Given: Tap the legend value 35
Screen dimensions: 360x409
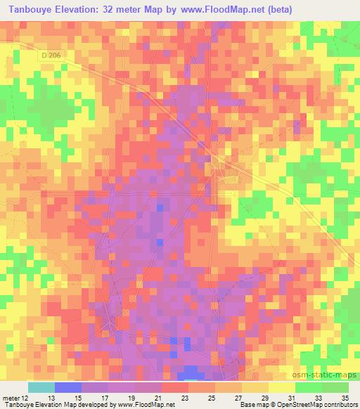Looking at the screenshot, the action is pyautogui.click(x=345, y=397).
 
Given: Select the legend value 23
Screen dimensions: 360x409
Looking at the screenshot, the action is pyautogui.click(x=184, y=397).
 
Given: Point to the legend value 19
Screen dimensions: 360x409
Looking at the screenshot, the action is pyautogui.click(x=131, y=397).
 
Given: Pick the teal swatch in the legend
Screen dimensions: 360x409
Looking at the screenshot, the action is pyautogui.click(x=41, y=387).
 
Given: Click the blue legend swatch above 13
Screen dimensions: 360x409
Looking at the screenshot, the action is pyautogui.click(x=68, y=387).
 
